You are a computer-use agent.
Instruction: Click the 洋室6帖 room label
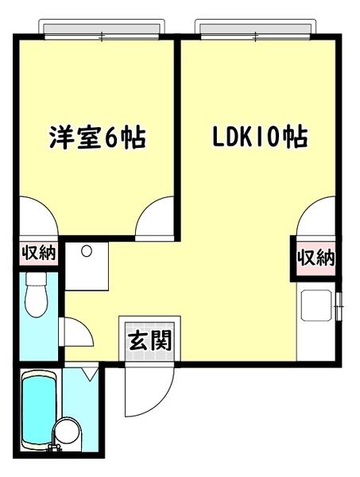click(94, 136)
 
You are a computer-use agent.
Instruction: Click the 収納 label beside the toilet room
click(37, 254)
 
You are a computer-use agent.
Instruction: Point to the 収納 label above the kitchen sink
click(315, 258)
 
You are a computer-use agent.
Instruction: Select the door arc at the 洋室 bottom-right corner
click(154, 219)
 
